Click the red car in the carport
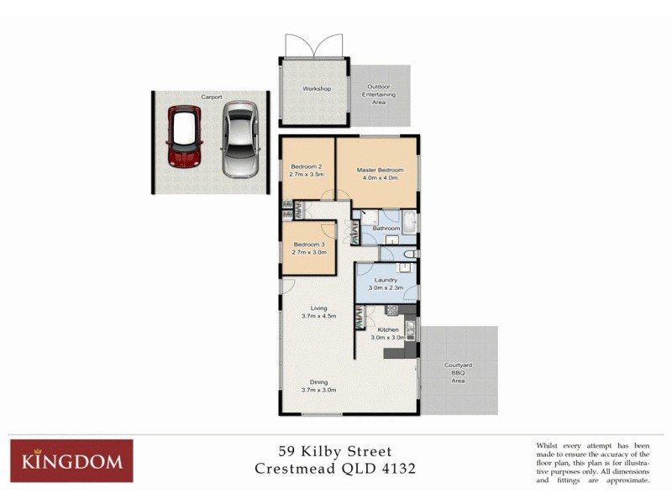(x=185, y=136)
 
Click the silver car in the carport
(x=240, y=139)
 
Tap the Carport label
(x=211, y=97)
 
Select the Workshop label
(x=317, y=89)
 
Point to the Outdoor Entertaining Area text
(x=379, y=94)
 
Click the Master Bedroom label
(x=376, y=170)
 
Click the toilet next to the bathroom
(x=409, y=254)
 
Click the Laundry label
(x=386, y=280)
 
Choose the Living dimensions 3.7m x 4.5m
(x=318, y=317)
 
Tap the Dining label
(x=318, y=382)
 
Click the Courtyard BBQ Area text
(x=459, y=373)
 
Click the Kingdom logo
(x=71, y=460)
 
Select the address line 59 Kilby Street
(x=335, y=452)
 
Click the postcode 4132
(x=395, y=469)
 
